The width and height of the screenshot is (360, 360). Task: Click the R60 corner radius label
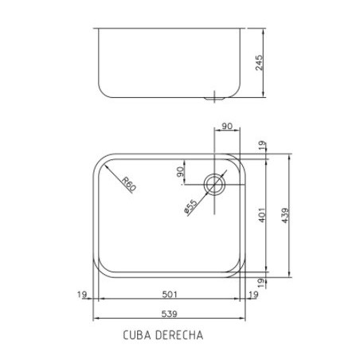pos(130,185)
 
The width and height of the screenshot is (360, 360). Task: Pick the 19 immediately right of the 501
pos(253,295)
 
